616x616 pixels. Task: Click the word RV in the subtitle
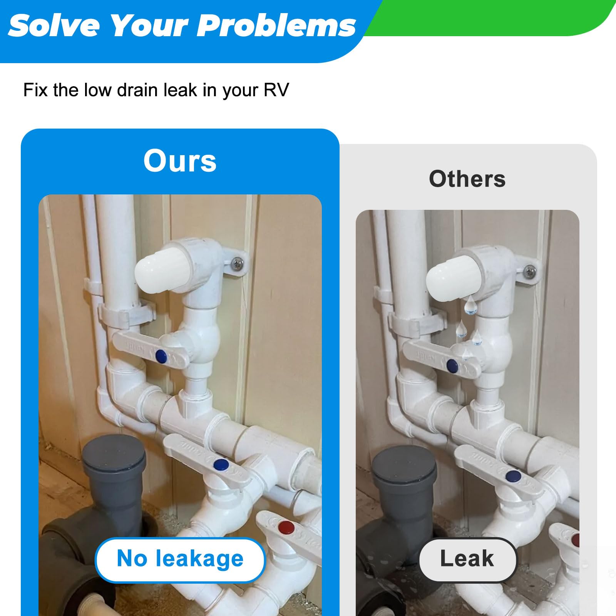coord(276,90)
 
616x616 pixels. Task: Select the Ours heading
coord(180,161)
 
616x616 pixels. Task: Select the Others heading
coord(467,179)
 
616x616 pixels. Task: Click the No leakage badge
coord(180,559)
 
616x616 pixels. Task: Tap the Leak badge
coord(467,559)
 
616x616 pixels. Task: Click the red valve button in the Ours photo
coord(286,526)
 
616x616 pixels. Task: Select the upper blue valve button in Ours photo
coord(161,356)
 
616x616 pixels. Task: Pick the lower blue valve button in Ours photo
coord(220,465)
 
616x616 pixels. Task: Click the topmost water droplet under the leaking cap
coord(470,305)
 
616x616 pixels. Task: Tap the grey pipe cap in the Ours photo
coord(114,450)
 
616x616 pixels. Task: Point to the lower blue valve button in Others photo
coord(513,476)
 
